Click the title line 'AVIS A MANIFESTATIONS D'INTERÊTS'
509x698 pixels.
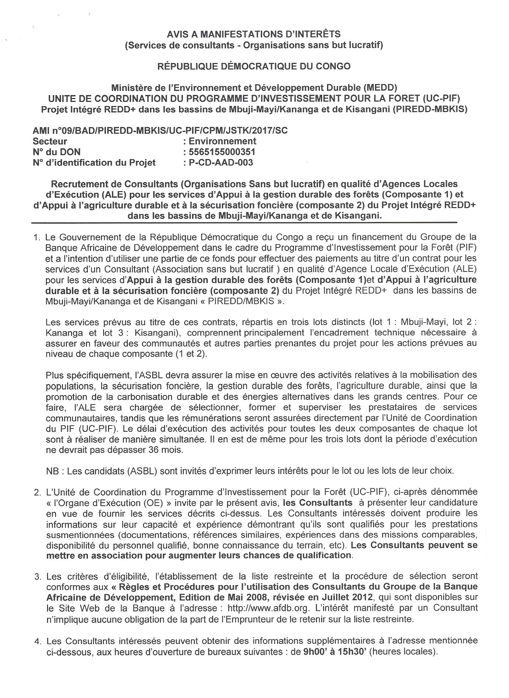(x=254, y=34)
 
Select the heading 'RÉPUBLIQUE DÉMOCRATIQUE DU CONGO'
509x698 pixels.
(x=254, y=67)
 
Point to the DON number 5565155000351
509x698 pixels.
(x=222, y=152)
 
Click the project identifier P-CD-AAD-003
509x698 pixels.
(x=221, y=162)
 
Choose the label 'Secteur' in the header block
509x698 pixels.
(x=50, y=141)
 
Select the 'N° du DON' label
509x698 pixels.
(x=57, y=152)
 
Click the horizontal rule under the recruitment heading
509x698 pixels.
(x=244, y=223)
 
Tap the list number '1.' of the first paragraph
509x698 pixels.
(x=37, y=238)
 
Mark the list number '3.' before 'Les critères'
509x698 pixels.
(x=37, y=576)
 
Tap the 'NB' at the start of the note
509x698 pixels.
(x=52, y=471)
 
